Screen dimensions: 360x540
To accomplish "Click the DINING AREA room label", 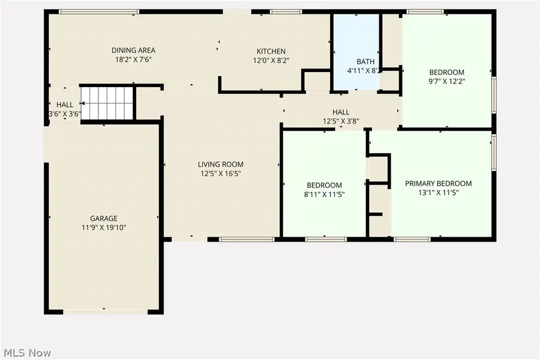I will coord(133,50).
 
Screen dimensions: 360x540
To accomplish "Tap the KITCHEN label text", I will coord(271,51).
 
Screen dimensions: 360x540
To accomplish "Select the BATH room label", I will coord(365,61).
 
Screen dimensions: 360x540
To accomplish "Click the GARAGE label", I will coord(104,218).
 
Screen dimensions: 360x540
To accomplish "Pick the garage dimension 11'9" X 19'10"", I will coord(104,227).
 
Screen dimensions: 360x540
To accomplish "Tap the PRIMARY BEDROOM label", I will coord(438,184).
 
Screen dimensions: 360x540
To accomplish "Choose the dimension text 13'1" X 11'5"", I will coord(438,193).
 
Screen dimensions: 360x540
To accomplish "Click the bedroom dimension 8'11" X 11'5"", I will coord(325,194).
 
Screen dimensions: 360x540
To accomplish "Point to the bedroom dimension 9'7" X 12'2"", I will coord(447,82).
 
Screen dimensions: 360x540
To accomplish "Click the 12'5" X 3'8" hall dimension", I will coord(341,121).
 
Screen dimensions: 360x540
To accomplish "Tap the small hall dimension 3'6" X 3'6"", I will coord(65,113).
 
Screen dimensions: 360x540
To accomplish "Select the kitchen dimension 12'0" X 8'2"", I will coord(271,60).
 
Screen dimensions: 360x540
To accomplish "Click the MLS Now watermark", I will coord(27,352).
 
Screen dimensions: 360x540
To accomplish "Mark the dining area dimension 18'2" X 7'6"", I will coord(133,59).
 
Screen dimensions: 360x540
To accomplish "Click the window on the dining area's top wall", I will coord(99,11).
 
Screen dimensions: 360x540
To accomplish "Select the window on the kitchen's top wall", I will coord(286,11).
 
